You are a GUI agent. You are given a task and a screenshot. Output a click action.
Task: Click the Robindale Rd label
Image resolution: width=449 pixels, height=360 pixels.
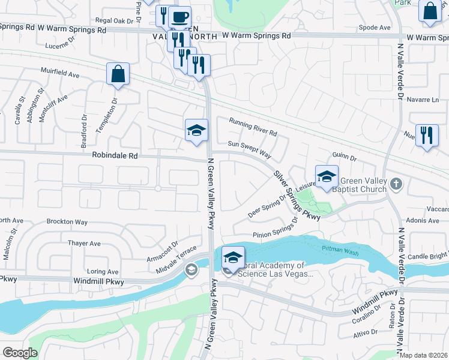[115, 155]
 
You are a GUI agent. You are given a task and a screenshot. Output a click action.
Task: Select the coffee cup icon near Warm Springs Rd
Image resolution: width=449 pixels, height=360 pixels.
[179, 17]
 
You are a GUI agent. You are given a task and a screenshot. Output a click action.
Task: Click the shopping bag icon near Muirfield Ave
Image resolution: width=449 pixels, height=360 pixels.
[118, 74]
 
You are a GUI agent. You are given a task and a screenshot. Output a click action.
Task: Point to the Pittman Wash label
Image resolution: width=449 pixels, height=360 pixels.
[340, 248]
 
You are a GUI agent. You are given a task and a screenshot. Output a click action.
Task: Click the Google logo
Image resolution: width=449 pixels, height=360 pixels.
[20, 352]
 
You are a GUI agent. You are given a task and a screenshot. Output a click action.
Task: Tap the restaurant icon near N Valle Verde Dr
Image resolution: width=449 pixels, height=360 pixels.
[426, 136]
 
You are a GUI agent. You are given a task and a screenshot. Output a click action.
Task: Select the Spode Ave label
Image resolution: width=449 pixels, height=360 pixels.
[374, 28]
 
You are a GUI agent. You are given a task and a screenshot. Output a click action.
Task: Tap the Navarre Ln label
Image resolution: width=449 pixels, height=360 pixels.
[423, 100]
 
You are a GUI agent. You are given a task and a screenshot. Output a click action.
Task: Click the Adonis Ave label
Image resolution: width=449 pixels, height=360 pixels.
[423, 221]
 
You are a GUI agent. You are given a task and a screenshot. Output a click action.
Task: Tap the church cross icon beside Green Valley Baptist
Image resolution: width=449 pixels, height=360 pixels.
[395, 183]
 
